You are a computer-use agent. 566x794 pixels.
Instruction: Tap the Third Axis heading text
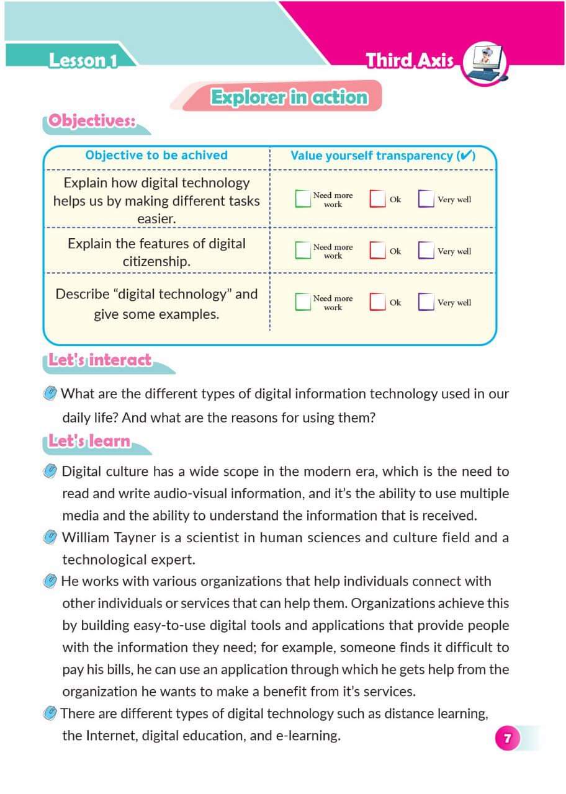point(409,61)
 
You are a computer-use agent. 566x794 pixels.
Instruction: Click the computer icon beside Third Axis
point(485,63)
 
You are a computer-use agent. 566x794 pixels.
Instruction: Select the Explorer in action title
point(289,98)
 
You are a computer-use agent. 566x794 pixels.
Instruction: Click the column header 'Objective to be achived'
point(156,155)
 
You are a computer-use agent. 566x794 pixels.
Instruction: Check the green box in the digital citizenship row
point(302,250)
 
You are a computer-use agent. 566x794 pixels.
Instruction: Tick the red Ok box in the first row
point(377,198)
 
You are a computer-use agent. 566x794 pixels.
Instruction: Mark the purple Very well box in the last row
point(426,301)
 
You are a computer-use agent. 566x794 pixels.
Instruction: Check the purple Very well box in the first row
point(426,198)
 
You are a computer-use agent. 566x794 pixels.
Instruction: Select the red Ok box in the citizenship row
point(377,250)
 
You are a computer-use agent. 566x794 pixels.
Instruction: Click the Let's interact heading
point(100,360)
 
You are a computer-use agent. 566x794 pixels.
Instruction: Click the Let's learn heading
point(91,441)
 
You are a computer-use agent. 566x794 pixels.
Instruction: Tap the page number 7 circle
point(507,738)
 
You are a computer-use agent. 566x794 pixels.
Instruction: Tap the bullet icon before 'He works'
point(50,581)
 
